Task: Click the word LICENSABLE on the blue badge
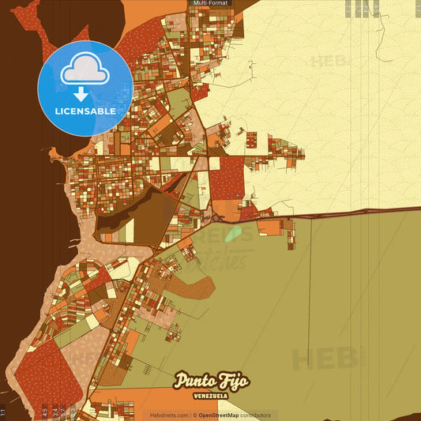click(x=85, y=111)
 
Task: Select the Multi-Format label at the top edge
click(x=210, y=4)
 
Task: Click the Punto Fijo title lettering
click(x=211, y=381)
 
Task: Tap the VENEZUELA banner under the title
click(x=211, y=396)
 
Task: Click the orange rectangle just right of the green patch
click(x=269, y=228)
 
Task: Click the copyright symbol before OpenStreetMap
click(x=194, y=415)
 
